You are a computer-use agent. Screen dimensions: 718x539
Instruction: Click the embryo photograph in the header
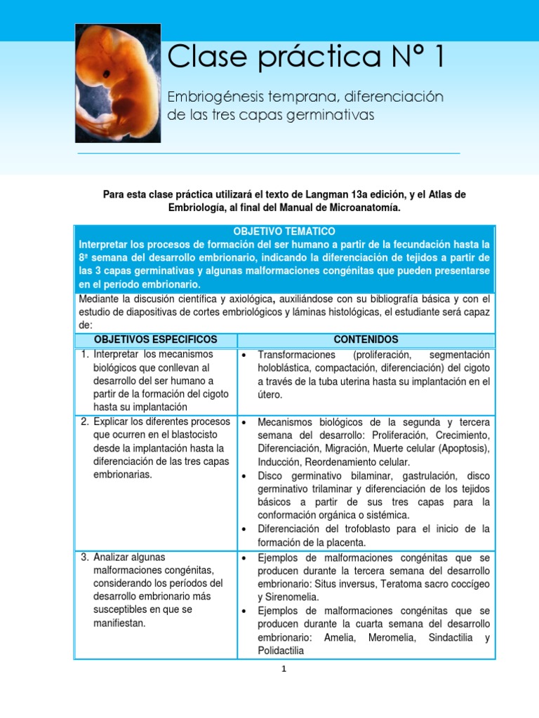pos(118,83)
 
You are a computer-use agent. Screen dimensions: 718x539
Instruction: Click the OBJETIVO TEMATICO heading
pos(284,231)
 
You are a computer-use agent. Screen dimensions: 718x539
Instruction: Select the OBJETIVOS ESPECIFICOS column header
pos(156,339)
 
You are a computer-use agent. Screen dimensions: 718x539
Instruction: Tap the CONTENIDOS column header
pos(366,339)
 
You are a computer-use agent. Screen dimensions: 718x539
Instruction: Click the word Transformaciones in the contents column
pos(297,355)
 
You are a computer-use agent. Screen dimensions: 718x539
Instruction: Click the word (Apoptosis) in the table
pos(463,449)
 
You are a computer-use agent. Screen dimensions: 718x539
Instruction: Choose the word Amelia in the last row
pos(340,637)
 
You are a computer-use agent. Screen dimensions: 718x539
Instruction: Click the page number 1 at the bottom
pos(284,670)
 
